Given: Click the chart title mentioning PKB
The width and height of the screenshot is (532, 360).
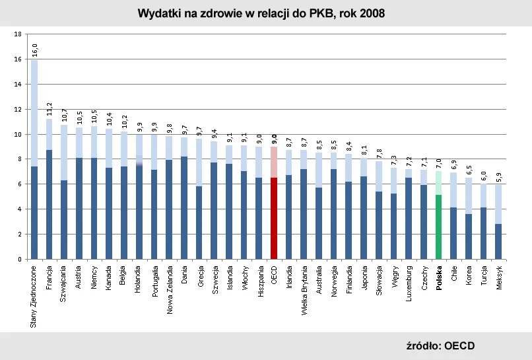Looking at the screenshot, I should coord(261,13).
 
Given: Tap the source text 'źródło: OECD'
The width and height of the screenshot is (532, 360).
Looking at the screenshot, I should coord(440,345).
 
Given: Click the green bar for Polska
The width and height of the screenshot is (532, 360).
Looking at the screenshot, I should coord(439,225).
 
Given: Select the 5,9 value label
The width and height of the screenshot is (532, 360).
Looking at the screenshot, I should coord(499,176).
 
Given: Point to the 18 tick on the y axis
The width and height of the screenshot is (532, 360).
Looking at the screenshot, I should coord(18,34).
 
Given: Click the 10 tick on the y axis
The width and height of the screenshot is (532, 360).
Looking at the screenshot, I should coord(18,134).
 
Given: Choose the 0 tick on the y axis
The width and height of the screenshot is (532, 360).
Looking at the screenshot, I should coord(20,260).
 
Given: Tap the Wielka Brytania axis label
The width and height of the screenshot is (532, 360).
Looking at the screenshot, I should coord(304,291).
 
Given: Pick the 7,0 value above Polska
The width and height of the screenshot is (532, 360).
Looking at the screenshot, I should coord(439,163).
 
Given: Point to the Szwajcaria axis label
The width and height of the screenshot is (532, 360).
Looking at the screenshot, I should coord(64,284).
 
